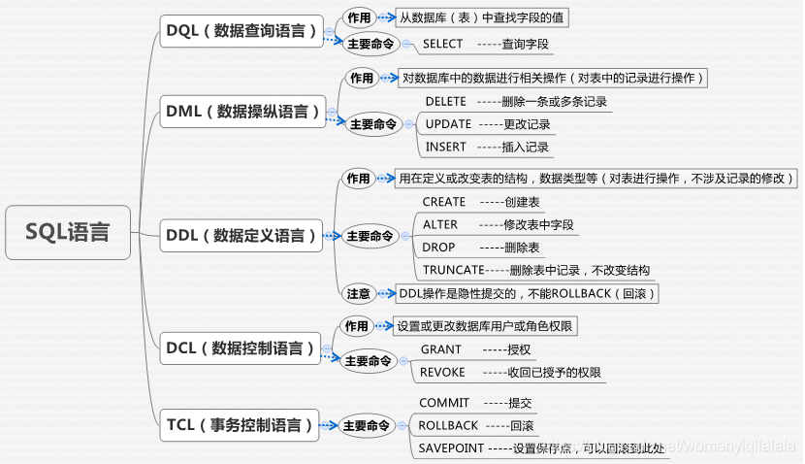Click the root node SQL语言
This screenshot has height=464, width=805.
[x=68, y=232]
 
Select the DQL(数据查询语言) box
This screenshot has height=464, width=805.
[x=241, y=31]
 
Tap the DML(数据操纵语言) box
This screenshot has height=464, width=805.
[x=242, y=112]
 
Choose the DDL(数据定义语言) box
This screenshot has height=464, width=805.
[x=241, y=236]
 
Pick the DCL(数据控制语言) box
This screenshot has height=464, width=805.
[x=241, y=348]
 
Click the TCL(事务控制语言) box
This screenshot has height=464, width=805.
[x=240, y=425]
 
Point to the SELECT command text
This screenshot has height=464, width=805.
[x=442, y=45]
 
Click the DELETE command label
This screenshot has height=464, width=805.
[x=445, y=102]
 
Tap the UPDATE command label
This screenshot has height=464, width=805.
[x=448, y=124]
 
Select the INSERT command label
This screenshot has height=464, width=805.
[x=445, y=147]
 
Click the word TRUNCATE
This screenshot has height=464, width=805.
[x=453, y=270]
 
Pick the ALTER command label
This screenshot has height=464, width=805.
[x=440, y=225]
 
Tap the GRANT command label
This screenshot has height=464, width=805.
[x=441, y=349]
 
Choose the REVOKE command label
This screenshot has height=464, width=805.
[x=442, y=372]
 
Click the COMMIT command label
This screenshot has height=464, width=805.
[x=444, y=403]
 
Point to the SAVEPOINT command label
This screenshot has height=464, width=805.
[x=451, y=448]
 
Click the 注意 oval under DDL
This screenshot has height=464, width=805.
[x=358, y=294]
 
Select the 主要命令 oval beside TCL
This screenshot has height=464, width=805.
[x=367, y=425]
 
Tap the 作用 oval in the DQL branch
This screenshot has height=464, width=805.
[x=359, y=18]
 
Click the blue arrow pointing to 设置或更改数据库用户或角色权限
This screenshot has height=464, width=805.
[x=384, y=326]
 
